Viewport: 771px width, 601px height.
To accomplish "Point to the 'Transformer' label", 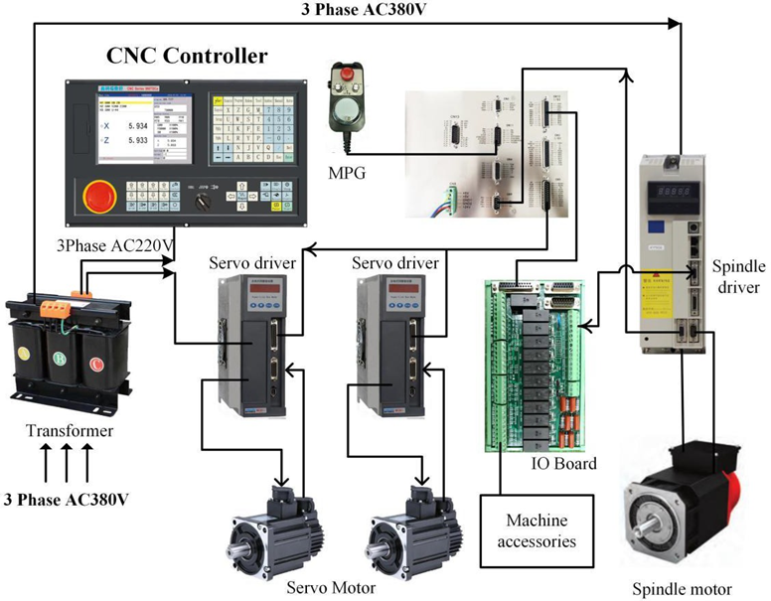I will tap(70, 431).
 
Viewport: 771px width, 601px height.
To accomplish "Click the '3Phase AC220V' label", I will tap(111, 242).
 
